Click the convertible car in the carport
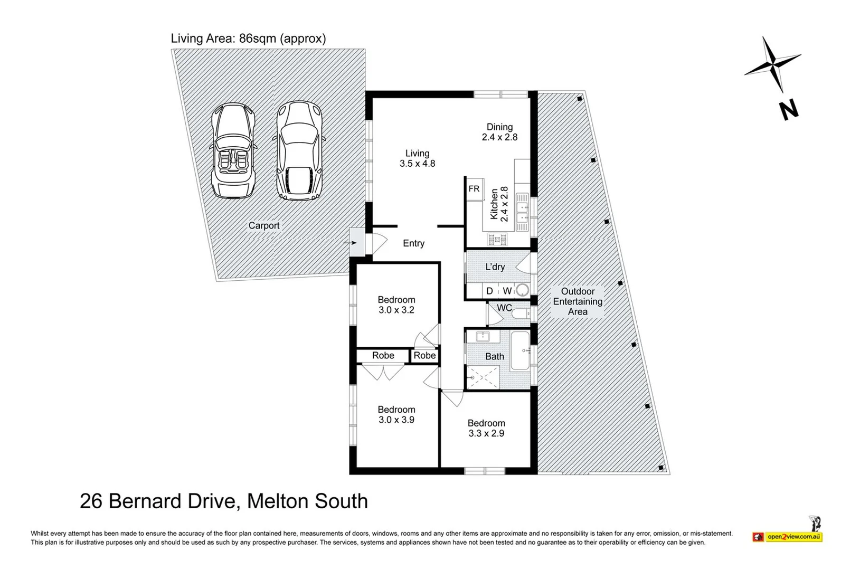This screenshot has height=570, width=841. [x=233, y=150]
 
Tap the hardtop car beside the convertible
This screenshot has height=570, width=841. [x=299, y=150]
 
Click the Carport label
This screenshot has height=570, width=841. [x=264, y=225]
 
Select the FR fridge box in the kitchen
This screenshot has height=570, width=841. [x=474, y=189]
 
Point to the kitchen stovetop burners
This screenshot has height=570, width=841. [x=497, y=239]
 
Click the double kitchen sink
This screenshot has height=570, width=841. [x=522, y=212]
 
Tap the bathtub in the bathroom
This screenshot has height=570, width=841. [x=520, y=350]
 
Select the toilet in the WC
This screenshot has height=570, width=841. [x=521, y=313]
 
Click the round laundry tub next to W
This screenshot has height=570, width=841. [x=522, y=290]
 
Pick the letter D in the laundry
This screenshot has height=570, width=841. [x=489, y=291]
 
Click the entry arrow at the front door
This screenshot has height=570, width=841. [x=349, y=243]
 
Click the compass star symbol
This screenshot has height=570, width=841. [x=773, y=64]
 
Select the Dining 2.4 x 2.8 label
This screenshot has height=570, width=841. [x=500, y=132]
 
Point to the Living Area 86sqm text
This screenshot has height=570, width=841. [x=248, y=39]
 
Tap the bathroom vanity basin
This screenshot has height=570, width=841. [x=483, y=336]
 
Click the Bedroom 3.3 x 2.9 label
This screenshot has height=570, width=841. [x=486, y=428]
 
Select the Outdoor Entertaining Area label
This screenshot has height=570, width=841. [x=578, y=301]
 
